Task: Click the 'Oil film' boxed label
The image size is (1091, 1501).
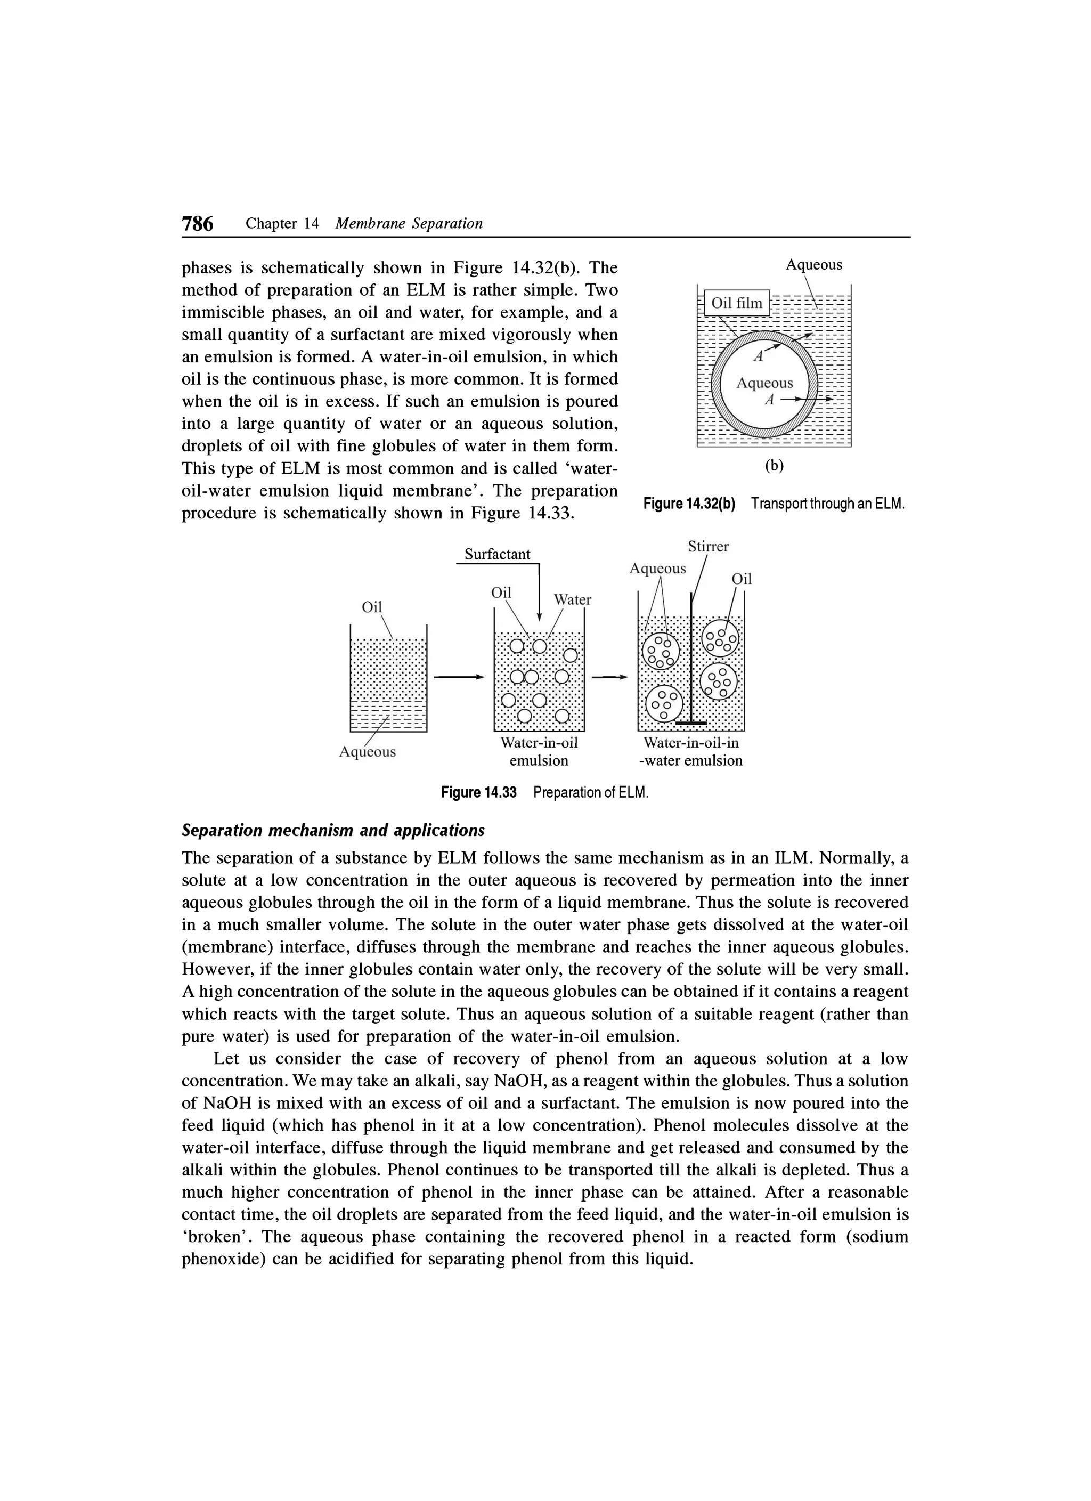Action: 736,304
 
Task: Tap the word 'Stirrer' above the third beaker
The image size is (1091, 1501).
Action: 708,547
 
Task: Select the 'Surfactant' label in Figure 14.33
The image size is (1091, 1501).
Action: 497,554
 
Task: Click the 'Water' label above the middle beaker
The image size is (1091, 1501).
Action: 572,599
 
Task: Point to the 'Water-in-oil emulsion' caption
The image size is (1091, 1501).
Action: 539,752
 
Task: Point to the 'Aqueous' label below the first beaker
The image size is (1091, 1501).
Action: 367,752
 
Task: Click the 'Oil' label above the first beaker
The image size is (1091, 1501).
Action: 372,607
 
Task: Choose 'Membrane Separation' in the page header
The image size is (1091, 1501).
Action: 409,224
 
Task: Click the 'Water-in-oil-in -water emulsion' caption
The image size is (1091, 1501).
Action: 690,752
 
